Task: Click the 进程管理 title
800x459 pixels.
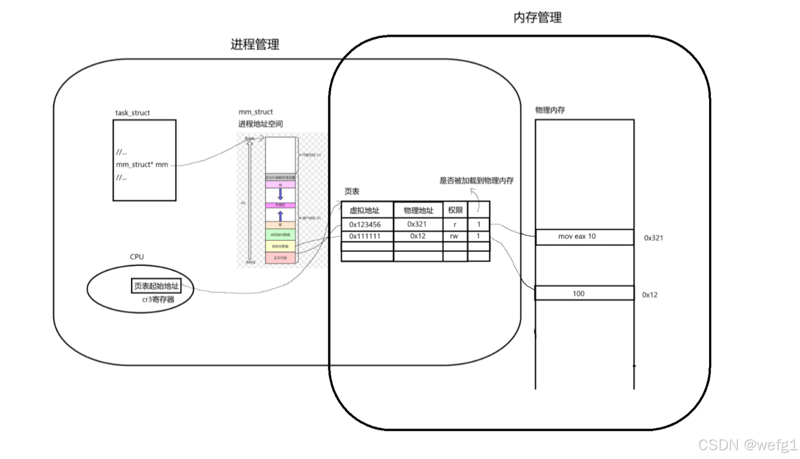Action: click(255, 45)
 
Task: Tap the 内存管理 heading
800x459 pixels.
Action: click(537, 18)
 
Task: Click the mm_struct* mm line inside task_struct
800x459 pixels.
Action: click(142, 164)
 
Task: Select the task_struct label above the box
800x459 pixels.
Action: click(132, 113)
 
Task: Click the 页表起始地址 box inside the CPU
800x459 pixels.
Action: click(156, 286)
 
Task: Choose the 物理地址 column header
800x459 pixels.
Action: click(418, 210)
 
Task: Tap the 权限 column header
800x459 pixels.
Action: click(455, 210)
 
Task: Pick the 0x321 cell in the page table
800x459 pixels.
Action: click(418, 224)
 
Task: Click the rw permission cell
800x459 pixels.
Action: click(455, 236)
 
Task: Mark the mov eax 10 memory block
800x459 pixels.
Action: click(584, 237)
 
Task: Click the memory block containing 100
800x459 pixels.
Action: click(584, 293)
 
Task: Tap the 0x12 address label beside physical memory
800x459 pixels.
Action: click(650, 295)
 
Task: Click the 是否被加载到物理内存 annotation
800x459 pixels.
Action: click(476, 180)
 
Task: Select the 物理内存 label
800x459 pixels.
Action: click(550, 110)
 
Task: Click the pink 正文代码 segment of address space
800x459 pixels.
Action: click(280, 258)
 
